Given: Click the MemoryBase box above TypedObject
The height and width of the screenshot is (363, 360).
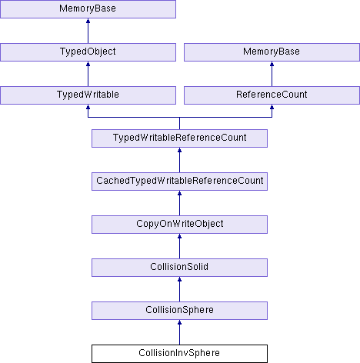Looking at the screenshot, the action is point(88,9).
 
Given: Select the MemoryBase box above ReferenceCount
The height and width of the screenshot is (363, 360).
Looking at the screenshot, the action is point(272,52).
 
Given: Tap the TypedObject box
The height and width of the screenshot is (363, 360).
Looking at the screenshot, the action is point(88,52).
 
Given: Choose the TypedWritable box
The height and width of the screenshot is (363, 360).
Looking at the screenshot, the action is point(88,95).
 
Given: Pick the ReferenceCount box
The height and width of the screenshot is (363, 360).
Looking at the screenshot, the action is point(272,95).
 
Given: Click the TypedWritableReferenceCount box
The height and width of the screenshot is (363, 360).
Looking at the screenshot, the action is point(179,138).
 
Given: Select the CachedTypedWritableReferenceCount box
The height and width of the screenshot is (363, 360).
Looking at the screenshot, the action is point(179,181).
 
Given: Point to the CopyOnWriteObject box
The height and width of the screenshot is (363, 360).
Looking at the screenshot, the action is point(179,225).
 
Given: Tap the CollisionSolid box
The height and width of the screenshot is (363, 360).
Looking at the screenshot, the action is point(179,268).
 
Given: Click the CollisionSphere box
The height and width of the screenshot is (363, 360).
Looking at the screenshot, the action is point(179,311).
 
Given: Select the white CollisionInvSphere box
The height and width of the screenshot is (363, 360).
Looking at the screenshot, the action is point(179,354).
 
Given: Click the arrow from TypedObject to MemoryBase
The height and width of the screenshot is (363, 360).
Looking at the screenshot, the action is point(88,31).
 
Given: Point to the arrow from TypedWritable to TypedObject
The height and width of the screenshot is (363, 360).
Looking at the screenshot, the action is point(88,74).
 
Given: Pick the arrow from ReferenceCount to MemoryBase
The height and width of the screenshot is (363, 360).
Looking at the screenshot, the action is point(272,74).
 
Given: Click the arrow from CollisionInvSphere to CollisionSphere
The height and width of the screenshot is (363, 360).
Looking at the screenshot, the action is point(179,332).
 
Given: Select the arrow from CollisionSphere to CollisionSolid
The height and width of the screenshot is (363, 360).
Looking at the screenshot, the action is point(179,289).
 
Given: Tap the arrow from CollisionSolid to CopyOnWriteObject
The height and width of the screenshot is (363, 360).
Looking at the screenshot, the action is point(179,246).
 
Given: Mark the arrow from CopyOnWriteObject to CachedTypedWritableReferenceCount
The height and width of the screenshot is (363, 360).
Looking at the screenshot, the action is point(179,203).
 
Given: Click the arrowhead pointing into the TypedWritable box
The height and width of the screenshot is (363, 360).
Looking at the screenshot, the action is point(88,107).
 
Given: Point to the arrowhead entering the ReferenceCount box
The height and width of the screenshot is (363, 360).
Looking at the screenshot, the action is point(272,107).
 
